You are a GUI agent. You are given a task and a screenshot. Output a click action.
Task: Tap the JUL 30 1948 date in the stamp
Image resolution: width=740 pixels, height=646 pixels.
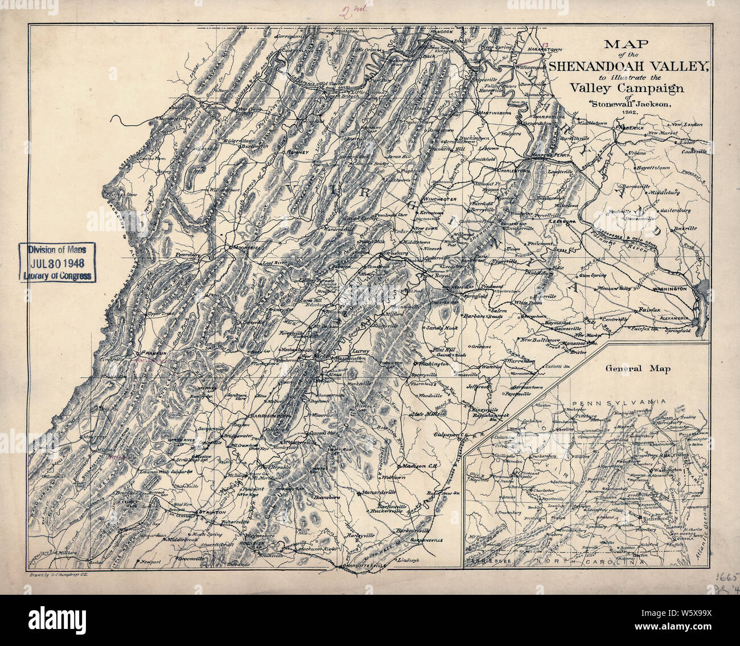(x=57, y=262)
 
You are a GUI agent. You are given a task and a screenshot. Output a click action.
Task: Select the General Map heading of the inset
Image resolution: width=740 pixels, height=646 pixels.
(x=638, y=369)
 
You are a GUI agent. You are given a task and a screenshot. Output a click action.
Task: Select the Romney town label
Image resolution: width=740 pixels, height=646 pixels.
(x=298, y=153)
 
